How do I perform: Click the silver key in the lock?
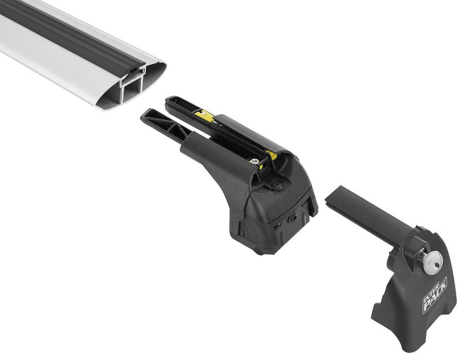pyautogui.click(x=431, y=259)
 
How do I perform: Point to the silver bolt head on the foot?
pyautogui.click(x=255, y=161)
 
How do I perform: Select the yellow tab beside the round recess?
pyautogui.click(x=272, y=155)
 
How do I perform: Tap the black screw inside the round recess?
pyautogui.click(x=277, y=186)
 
